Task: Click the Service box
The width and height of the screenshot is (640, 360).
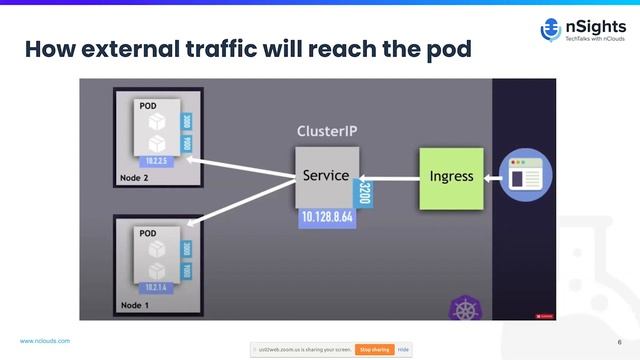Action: click(x=325, y=177)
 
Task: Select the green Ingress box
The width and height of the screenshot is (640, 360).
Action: click(x=451, y=178)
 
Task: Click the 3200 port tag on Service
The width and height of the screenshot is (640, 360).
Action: click(x=364, y=191)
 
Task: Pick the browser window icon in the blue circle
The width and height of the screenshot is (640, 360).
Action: click(x=526, y=178)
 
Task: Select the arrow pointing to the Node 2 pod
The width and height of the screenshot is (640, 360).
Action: click(x=240, y=166)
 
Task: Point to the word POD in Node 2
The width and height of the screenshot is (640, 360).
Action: click(x=147, y=105)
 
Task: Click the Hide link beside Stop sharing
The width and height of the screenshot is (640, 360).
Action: click(x=403, y=349)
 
